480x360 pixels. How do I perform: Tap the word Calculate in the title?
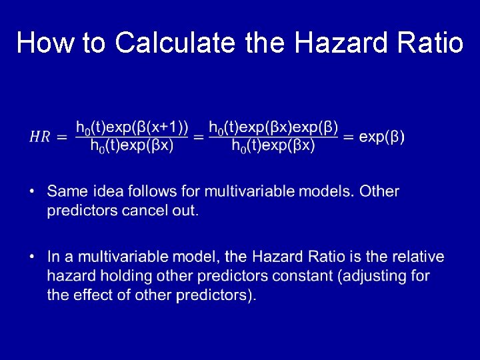pos(176,43)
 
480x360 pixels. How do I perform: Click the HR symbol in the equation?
pos(39,137)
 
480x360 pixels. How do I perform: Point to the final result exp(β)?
pos(381,137)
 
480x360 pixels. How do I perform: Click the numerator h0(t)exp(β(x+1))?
pos(132,127)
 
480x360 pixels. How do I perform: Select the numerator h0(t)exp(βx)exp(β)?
pos(273,127)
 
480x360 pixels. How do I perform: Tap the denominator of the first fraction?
pos(132,147)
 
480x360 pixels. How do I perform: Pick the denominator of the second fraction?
pos(273,147)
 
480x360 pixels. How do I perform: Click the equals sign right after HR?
pos(62,137)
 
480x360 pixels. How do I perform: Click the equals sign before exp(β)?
pos(349,137)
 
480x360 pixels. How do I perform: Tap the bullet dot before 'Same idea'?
pos(32,192)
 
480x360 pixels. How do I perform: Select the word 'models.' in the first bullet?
pos(327,192)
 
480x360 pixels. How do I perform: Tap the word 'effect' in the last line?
pos(93,295)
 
